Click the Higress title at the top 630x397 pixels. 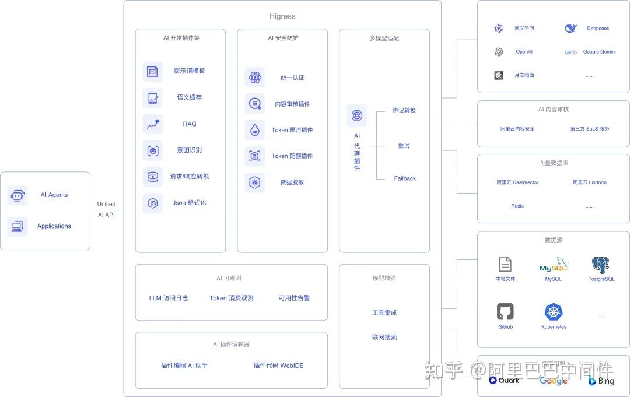(282, 16)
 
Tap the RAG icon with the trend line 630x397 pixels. (153, 124)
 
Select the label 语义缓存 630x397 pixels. (190, 97)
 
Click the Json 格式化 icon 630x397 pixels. (153, 203)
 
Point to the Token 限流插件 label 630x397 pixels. (292, 130)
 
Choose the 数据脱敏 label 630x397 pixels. (292, 182)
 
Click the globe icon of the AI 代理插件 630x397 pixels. (357, 115)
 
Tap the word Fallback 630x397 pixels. (405, 178)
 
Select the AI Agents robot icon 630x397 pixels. (17, 195)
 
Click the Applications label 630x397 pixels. (54, 226)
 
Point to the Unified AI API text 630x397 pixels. (106, 209)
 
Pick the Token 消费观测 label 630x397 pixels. (232, 298)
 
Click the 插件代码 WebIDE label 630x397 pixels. (278, 366)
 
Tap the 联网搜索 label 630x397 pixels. (384, 337)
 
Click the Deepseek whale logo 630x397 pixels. (571, 28)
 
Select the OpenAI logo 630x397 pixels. (499, 52)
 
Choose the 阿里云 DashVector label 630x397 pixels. (517, 182)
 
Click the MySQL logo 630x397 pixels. (553, 266)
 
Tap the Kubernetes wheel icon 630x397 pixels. (554, 312)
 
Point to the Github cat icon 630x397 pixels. (505, 312)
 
